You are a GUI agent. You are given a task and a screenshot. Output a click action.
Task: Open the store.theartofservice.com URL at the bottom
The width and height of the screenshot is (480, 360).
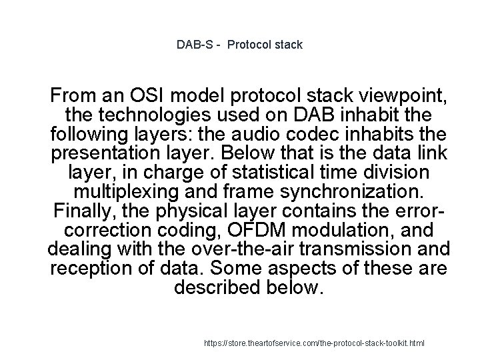pos(315,343)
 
